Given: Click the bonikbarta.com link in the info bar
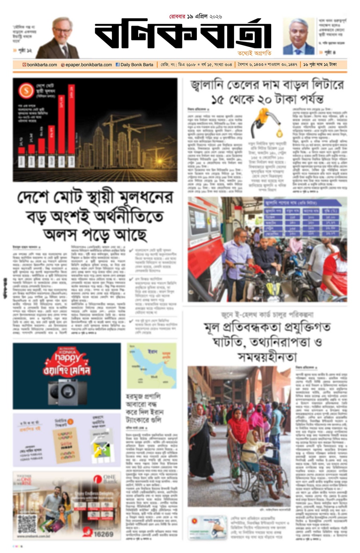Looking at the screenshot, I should (42, 64).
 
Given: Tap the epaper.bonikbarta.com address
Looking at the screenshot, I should (88, 64).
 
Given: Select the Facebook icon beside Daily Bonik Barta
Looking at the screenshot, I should (118, 64).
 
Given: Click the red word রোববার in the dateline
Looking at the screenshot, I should (177, 16).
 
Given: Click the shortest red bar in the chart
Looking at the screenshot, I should (22, 146).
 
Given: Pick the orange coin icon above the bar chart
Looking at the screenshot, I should (26, 90).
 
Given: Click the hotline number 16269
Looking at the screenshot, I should (103, 534).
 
